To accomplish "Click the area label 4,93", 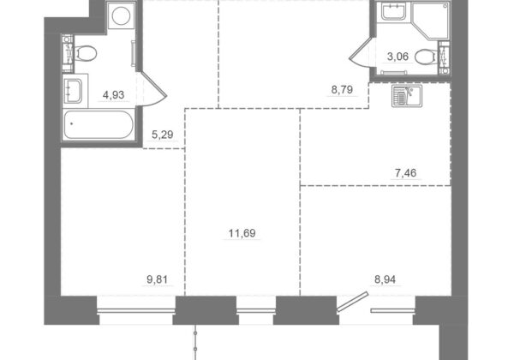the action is [x=113, y=95].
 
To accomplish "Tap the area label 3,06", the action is [x=397, y=57].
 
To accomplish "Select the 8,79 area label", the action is [x=342, y=89].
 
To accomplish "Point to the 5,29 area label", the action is [x=162, y=135].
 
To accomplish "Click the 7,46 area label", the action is [x=405, y=172].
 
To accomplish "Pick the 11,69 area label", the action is [x=242, y=233].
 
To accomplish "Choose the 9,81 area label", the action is [x=157, y=279].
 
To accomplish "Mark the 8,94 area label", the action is [x=385, y=279].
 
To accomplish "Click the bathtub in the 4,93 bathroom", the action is [x=99, y=124].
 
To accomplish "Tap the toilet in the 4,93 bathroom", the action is [x=85, y=53].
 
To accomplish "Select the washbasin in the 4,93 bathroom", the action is [x=73, y=91].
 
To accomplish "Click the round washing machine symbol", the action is [x=121, y=15].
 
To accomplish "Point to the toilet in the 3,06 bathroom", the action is [x=426, y=57].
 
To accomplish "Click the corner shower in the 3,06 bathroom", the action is [x=430, y=21].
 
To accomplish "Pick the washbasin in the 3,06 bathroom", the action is [x=393, y=12].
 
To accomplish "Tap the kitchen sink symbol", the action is [x=407, y=95].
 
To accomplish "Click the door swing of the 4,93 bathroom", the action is [x=154, y=89].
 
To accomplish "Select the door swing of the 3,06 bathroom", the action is [x=360, y=52].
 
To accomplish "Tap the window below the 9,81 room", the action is [x=136, y=310].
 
